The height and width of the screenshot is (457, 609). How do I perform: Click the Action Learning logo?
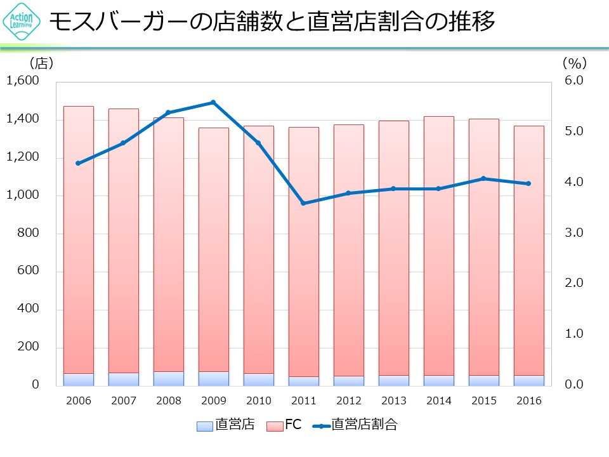pyautogui.click(x=21, y=22)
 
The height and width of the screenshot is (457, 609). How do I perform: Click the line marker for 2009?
pyautogui.click(x=213, y=102)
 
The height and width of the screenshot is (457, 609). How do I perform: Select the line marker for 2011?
pyautogui.click(x=303, y=203)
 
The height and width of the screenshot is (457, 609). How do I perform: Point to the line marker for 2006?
pyautogui.click(x=78, y=163)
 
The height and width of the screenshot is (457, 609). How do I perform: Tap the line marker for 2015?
pyautogui.click(x=483, y=178)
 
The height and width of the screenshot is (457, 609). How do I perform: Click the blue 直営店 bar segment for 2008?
pyautogui.click(x=168, y=378)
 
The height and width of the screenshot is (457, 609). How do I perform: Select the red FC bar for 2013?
pyautogui.click(x=393, y=248)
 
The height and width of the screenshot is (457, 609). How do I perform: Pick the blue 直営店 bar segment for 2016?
pyautogui.click(x=528, y=380)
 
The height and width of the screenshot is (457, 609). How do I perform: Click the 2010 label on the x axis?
pyautogui.click(x=258, y=401)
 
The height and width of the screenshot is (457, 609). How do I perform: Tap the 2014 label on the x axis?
pyautogui.click(x=438, y=401)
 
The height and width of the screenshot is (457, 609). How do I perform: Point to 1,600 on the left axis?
pyautogui.click(x=23, y=81)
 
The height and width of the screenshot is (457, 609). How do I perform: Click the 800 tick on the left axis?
pyautogui.click(x=30, y=233)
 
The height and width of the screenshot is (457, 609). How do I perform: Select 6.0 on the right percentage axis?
pyautogui.click(x=573, y=81)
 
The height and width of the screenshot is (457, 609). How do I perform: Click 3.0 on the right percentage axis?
pyautogui.click(x=573, y=233)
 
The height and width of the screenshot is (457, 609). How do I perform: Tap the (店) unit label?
pyautogui.click(x=41, y=63)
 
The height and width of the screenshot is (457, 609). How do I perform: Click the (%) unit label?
pyautogui.click(x=574, y=63)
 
